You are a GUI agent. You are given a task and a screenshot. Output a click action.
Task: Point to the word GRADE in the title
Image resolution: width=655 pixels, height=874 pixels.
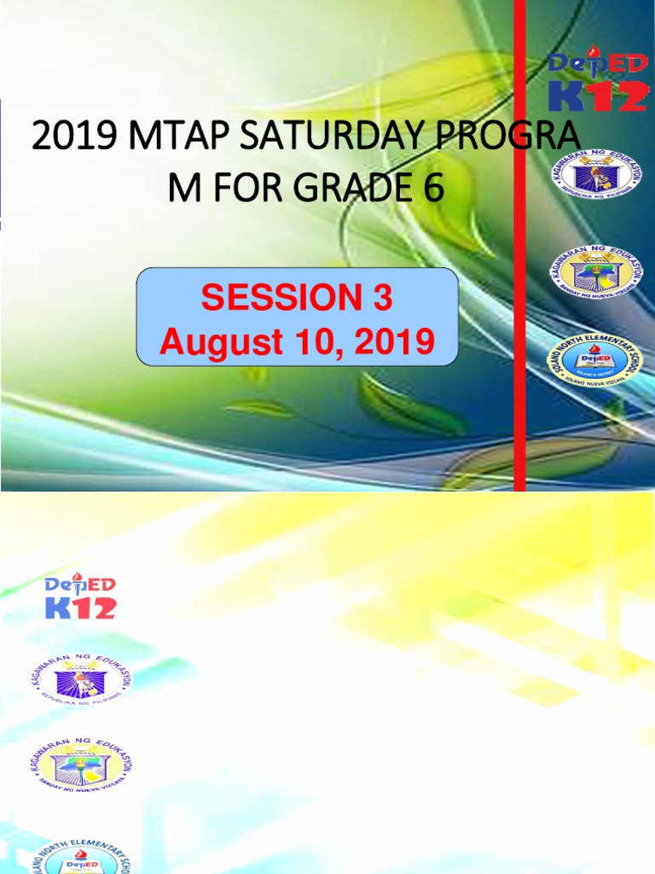[352, 188]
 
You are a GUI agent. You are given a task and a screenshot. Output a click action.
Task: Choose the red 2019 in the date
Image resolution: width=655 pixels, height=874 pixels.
[395, 342]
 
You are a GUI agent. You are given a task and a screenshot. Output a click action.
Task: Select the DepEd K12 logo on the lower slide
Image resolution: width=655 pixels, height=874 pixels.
[80, 596]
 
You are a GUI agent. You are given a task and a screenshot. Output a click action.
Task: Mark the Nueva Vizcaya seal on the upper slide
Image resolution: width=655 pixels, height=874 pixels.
[595, 271]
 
